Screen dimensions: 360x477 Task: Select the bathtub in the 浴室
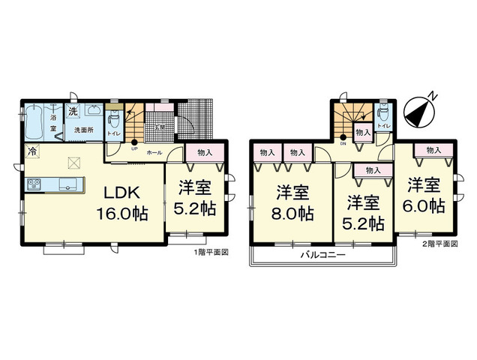tap(34, 121)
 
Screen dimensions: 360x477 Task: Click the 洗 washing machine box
tap(73, 112)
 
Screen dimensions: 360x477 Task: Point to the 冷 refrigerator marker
tap(33, 151)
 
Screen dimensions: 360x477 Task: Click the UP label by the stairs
tap(134, 148)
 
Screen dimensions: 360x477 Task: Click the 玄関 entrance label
tap(160, 127)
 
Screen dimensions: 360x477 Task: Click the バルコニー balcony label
tap(322, 256)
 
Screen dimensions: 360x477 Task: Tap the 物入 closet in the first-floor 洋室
tap(203, 152)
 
